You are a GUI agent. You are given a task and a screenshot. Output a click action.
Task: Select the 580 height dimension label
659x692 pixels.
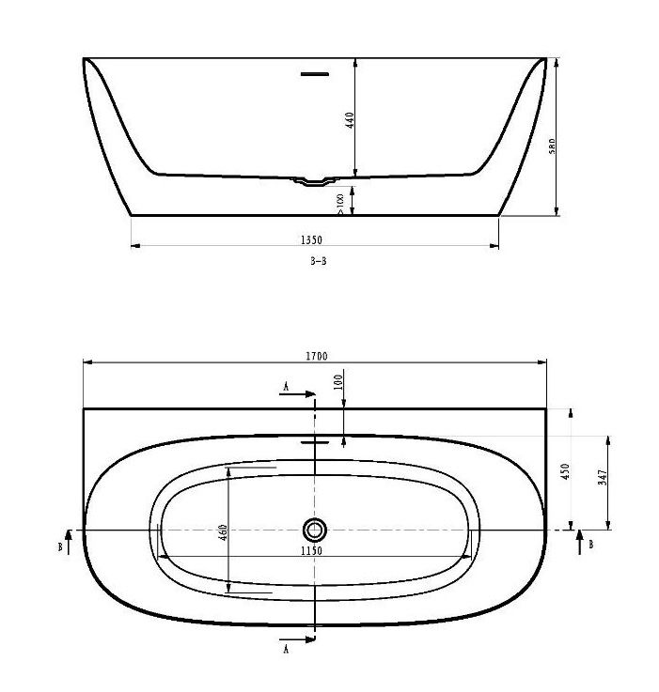pyautogui.click(x=553, y=146)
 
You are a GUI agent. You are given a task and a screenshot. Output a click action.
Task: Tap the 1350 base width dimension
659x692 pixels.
pyautogui.click(x=313, y=239)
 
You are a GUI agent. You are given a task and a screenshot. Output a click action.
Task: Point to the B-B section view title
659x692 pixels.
pyautogui.click(x=318, y=263)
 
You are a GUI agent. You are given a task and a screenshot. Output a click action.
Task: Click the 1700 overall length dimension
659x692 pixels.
pyautogui.click(x=316, y=356)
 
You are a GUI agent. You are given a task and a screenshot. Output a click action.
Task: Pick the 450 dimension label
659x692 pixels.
pyautogui.click(x=566, y=470)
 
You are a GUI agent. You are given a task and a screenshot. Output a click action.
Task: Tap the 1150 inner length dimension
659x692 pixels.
pyautogui.click(x=313, y=551)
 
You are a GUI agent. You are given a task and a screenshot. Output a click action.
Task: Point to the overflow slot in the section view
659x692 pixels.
pyautogui.click(x=314, y=71)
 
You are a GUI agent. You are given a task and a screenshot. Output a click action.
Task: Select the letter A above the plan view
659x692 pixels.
pyautogui.click(x=286, y=385)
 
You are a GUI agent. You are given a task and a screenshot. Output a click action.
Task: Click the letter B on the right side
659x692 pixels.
pyautogui.click(x=589, y=544)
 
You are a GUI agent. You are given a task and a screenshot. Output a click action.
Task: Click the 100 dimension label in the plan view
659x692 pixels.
pyautogui.click(x=338, y=380)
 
